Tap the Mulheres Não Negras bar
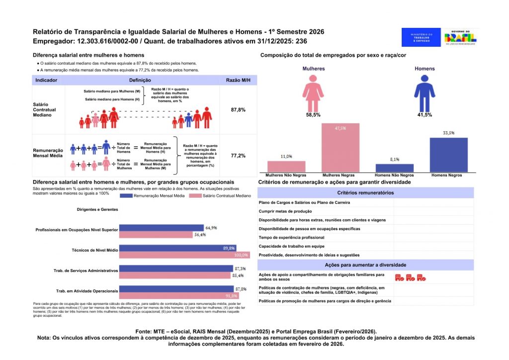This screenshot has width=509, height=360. pyautogui.click(x=286, y=167)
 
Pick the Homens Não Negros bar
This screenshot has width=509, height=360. pyautogui.click(x=394, y=168)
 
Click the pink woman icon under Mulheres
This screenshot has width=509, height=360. pyautogui.click(x=313, y=92)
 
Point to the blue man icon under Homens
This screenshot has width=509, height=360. pyautogui.click(x=424, y=92)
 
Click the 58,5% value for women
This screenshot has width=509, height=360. pyautogui.click(x=313, y=115)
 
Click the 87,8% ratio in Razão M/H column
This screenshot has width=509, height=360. pyautogui.click(x=238, y=109)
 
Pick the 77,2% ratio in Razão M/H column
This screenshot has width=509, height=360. pyautogui.click(x=238, y=156)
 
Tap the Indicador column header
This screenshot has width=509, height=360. pyautogui.click(x=46, y=80)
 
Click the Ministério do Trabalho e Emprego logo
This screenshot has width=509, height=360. pyautogui.click(x=421, y=37)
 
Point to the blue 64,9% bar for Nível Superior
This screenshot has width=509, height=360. pyautogui.click(x=162, y=228)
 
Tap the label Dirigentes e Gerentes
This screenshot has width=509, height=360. pyautogui.click(x=97, y=210)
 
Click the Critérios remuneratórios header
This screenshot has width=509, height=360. pyautogui.click(x=365, y=192)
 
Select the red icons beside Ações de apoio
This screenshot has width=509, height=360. pyautogui.click(x=410, y=277)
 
